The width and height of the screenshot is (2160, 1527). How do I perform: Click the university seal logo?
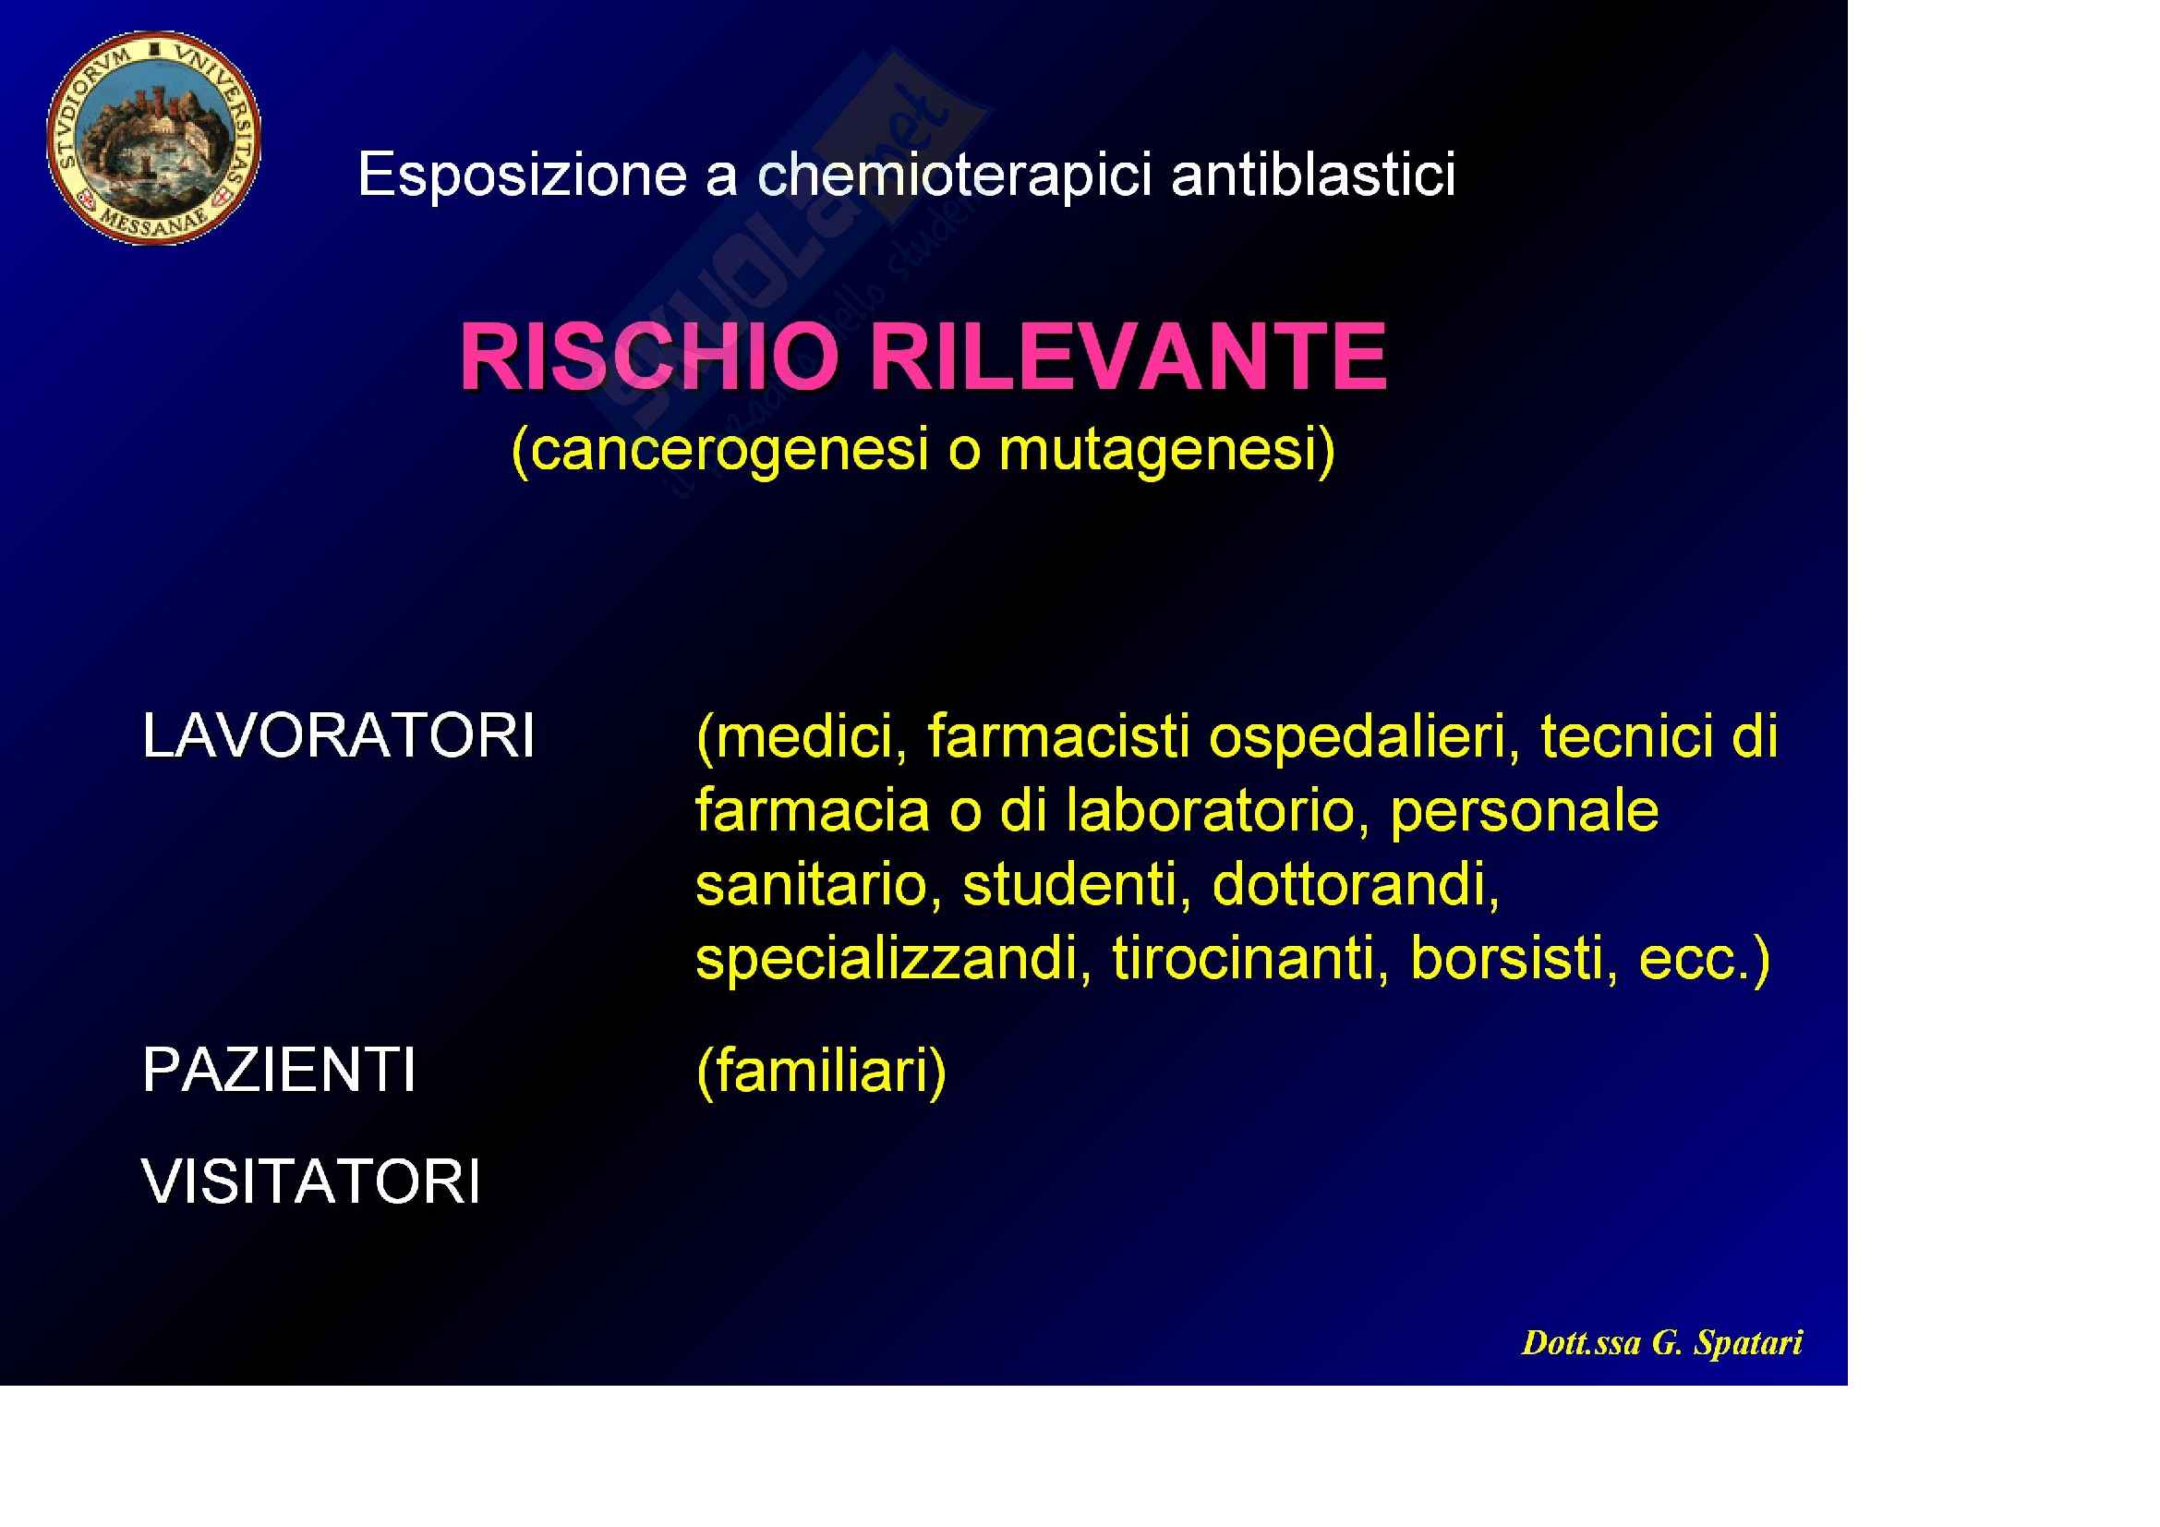154,139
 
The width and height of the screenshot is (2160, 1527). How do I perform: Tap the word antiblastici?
1313,174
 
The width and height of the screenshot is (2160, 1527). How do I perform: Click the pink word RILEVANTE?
1128,357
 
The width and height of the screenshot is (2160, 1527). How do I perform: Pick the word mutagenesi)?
1167,450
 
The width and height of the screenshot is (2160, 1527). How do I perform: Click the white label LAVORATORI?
339,734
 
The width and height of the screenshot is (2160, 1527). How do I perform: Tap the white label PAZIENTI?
279,1070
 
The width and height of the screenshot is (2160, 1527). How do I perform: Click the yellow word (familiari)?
821,1072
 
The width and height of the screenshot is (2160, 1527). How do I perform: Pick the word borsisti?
1515,959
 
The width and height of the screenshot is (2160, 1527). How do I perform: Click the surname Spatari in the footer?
1748,1342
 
